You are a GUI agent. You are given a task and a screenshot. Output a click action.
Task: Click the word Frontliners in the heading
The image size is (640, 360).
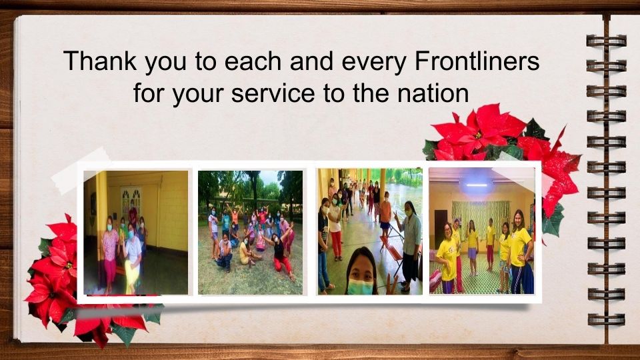tap(477, 61)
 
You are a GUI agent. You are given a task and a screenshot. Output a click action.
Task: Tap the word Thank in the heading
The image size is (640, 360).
tap(100, 61)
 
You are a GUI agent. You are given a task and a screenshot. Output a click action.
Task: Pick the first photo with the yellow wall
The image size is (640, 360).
tap(136, 232)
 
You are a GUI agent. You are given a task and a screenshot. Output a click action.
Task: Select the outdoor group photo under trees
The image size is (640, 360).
tap(250, 232)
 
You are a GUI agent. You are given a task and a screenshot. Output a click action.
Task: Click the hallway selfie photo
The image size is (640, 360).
tap(370, 231)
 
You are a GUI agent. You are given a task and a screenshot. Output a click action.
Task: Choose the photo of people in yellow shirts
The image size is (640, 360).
tap(481, 231)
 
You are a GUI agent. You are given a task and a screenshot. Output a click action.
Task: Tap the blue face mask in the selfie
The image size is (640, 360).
tap(359, 287)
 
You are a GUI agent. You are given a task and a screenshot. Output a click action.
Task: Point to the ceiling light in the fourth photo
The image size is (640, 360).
tap(477, 185)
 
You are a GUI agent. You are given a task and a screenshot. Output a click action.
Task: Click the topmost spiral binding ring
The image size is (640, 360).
tap(606, 41)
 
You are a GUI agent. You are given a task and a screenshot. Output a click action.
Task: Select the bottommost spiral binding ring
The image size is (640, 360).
tap(606, 319)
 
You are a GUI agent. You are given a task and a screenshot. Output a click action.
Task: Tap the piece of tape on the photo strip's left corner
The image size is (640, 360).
tap(81, 170)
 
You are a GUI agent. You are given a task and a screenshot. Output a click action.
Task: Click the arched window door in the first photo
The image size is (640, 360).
tap(131, 202)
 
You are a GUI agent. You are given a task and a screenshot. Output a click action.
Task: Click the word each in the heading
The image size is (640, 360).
tap(253, 61)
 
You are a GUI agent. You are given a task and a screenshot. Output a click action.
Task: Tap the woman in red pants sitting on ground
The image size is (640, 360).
tap(282, 253)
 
